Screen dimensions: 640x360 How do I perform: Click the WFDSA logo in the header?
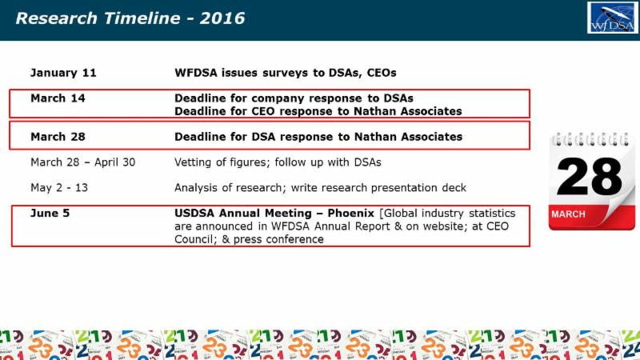pos(612,18)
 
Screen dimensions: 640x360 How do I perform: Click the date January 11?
pos(63,73)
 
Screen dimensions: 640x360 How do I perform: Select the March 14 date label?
pos(58,98)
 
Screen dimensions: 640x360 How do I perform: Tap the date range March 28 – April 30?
pos(83,162)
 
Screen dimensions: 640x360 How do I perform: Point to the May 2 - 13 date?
pos(59,188)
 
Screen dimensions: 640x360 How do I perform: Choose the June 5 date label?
pos(50,213)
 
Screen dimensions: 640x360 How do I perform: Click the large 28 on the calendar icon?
pos(589,177)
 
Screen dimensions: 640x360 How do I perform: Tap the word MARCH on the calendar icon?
pos(568,214)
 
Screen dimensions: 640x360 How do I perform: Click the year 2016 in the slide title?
pos(222,18)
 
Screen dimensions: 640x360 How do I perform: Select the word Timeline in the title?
pos(142,18)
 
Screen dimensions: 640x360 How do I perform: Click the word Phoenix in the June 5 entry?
pos(351,213)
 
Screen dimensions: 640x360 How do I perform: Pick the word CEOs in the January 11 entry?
pos(382,73)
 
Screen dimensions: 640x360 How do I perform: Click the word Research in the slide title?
pos(56,18)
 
